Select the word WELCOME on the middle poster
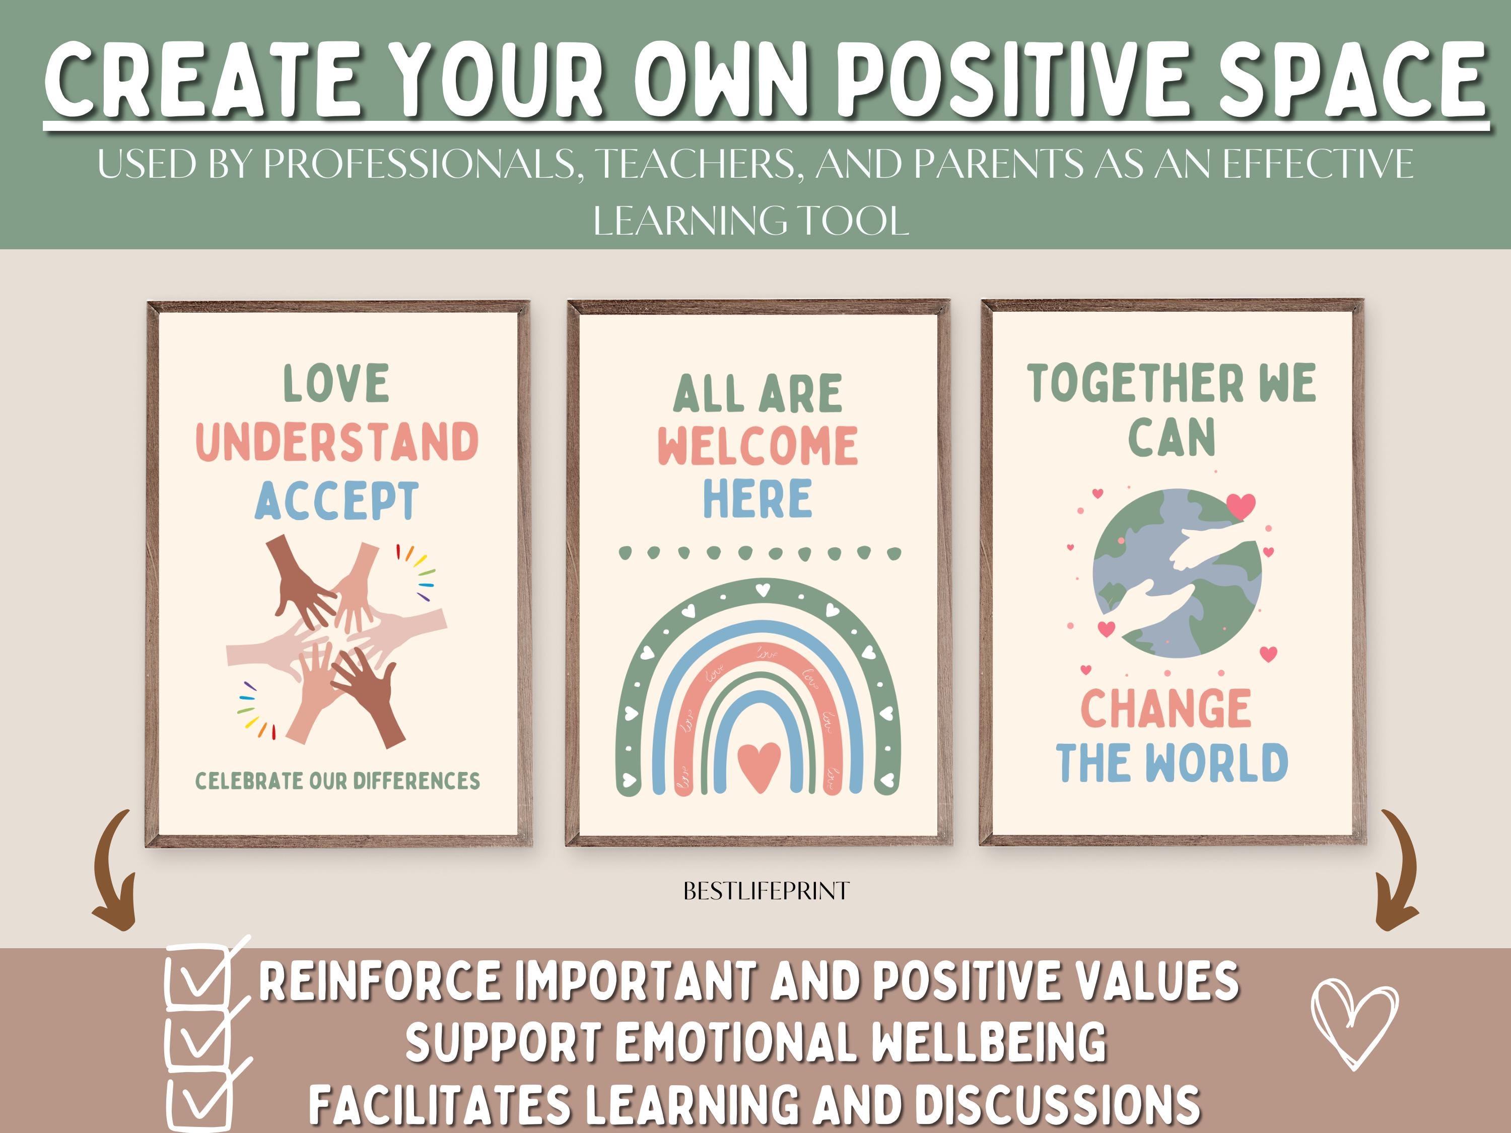click(758, 446)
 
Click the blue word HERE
click(758, 498)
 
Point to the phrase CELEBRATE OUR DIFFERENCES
click(337, 781)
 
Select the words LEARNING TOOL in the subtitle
click(751, 220)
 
